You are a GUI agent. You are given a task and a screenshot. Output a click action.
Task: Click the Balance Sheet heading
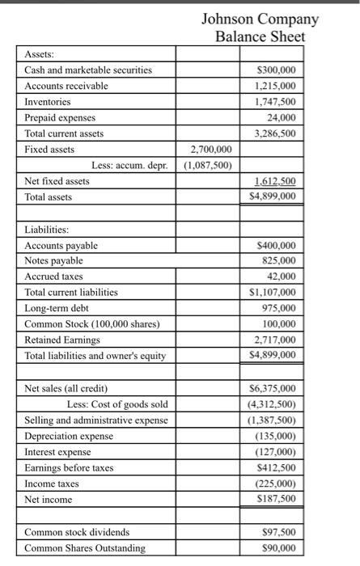tap(260, 36)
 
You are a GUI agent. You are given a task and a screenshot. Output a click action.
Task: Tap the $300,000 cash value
tap(274, 70)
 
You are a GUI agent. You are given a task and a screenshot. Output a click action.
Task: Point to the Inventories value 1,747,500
tap(273, 102)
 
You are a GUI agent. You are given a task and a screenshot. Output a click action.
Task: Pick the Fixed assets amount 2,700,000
tap(209, 150)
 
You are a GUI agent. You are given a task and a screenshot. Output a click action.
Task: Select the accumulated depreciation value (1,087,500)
tap(208, 165)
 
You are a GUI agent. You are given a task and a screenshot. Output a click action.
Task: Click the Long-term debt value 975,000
tap(278, 307)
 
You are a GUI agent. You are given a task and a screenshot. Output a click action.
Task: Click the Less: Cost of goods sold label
tap(117, 404)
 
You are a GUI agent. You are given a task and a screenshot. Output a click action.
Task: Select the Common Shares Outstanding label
tap(86, 548)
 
